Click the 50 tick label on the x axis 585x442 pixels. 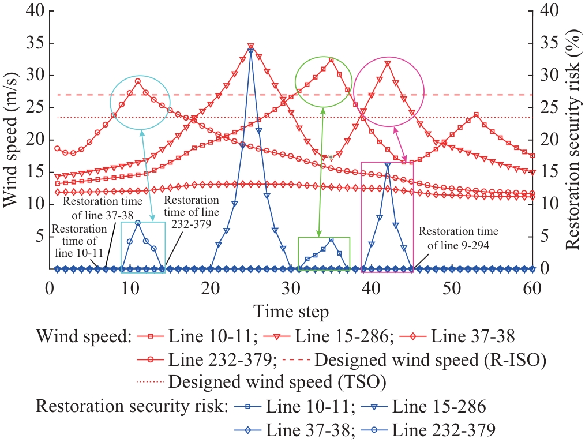pyautogui.click(x=452, y=287)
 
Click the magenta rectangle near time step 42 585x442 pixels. pyautogui.click(x=387, y=215)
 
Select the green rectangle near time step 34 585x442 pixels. pyautogui.click(x=324, y=253)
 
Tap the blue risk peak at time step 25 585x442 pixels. pyautogui.click(x=250, y=51)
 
